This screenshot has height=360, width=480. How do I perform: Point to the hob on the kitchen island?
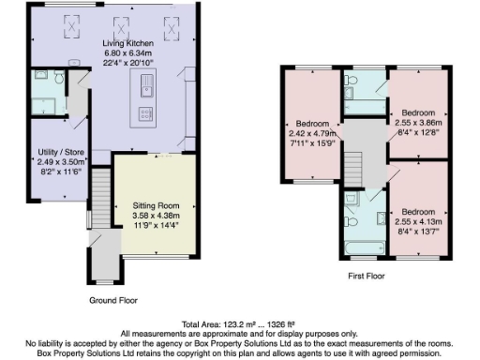[x=146, y=113]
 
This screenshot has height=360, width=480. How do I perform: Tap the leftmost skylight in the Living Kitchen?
[x=70, y=29]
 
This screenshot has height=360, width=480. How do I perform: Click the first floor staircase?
[x=354, y=169]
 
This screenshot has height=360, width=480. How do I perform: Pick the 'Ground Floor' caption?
[x=115, y=300]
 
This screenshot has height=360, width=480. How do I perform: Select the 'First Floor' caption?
[x=367, y=277]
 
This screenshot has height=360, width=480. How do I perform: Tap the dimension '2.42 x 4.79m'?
[x=312, y=133]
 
